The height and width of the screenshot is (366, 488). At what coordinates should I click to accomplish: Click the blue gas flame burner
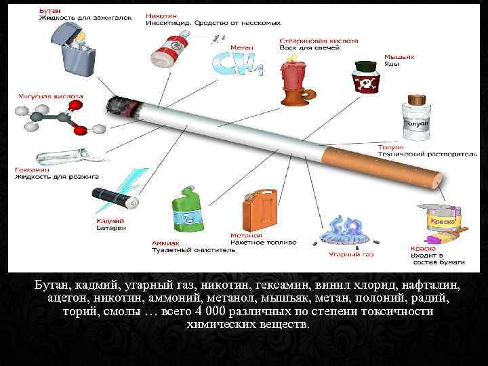pos(345,233)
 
